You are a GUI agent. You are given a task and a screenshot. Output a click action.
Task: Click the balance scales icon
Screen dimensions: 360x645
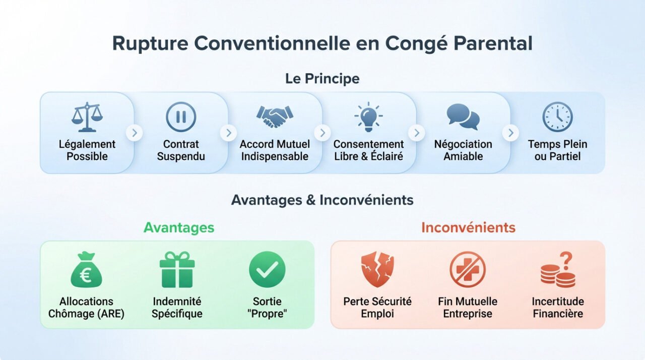point(87,117)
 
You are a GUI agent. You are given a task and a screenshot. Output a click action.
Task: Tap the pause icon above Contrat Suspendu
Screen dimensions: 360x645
point(181,117)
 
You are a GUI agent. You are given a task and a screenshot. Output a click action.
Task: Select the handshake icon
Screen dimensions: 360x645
point(274,117)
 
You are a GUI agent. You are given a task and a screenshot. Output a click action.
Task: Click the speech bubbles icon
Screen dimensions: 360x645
point(463,117)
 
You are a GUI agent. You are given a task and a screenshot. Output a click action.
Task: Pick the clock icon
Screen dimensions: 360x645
point(557,117)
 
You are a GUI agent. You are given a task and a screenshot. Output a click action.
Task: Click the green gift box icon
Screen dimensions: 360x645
point(177,270)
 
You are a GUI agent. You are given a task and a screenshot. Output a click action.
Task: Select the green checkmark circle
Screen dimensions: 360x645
point(267,270)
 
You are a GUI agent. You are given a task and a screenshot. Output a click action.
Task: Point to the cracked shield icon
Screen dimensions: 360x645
point(377,270)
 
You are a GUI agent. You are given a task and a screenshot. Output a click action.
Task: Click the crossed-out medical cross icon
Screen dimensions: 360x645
point(467,270)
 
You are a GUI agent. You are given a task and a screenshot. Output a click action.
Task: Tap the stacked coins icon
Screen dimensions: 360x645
point(557,275)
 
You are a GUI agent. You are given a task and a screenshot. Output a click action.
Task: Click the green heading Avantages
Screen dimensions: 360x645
point(179,227)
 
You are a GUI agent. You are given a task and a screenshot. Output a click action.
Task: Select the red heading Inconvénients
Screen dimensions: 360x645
point(468,227)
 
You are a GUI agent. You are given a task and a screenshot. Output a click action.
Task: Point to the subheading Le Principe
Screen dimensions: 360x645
point(322,79)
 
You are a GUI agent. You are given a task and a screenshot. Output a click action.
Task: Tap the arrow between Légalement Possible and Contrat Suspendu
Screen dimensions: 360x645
point(134,133)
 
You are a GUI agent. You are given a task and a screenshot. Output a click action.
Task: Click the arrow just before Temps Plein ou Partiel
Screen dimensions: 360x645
point(510,133)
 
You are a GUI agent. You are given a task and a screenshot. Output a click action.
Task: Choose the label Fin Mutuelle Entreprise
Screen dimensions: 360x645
point(468,308)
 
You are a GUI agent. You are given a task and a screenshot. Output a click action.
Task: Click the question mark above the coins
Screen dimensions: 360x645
point(566,260)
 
